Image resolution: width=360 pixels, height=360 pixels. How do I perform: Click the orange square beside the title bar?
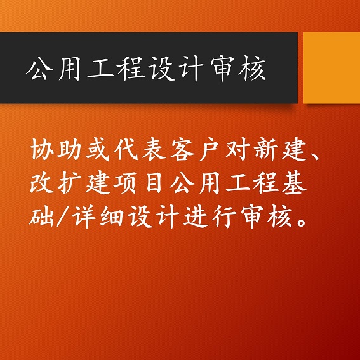coord(332,68)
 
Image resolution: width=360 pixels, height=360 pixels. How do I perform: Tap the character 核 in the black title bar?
coord(252,68)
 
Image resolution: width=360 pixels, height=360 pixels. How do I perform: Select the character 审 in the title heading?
coord(222,68)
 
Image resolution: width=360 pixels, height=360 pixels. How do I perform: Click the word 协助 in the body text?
coord(56,149)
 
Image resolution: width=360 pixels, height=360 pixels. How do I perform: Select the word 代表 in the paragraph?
coord(140,149)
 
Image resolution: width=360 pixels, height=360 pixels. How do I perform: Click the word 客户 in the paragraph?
coord(195,149)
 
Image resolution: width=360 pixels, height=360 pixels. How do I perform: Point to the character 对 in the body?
coord(237,149)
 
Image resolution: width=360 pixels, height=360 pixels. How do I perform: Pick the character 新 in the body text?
coord(265,149)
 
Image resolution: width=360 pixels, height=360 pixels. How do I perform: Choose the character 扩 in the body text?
coord(70,183)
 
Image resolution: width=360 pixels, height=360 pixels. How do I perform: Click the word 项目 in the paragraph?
coord(140,182)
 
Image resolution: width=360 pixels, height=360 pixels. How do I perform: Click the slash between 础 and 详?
coord(63,217)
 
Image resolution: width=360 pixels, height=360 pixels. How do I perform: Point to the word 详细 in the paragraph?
coord(98,217)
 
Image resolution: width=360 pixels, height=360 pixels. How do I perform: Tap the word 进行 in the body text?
coord(210,217)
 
